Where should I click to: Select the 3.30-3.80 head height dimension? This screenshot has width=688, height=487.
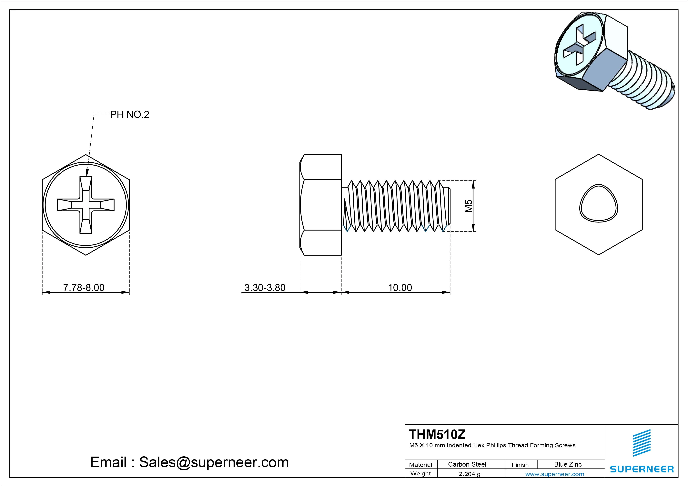(265, 287)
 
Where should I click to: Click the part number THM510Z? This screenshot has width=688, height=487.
(437, 434)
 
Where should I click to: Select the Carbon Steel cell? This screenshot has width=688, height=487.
(467, 464)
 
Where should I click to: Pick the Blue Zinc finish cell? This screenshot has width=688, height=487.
(568, 464)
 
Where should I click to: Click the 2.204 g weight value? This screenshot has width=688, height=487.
(470, 474)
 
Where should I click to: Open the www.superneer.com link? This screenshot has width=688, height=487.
(555, 474)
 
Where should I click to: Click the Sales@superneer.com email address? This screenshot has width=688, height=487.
(214, 462)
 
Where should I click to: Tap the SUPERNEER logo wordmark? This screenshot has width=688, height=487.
(642, 469)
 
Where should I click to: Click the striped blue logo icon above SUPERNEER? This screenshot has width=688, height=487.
(642, 443)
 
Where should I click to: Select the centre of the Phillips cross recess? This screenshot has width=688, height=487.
(86, 205)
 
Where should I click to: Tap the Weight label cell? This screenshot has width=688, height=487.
(420, 473)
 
